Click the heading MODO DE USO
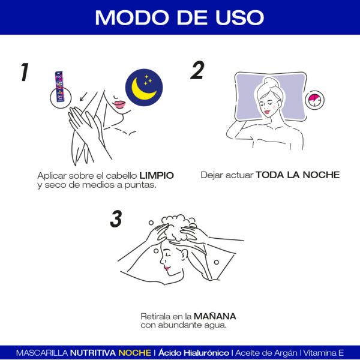coord(179,17)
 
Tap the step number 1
coord(24,71)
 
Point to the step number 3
coord(116,218)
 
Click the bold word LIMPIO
coord(157,175)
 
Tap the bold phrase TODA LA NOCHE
coord(298,175)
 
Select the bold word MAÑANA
coord(215,316)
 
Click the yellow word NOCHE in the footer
coord(134,352)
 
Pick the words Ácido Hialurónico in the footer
coord(194,352)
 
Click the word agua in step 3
coord(215,326)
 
